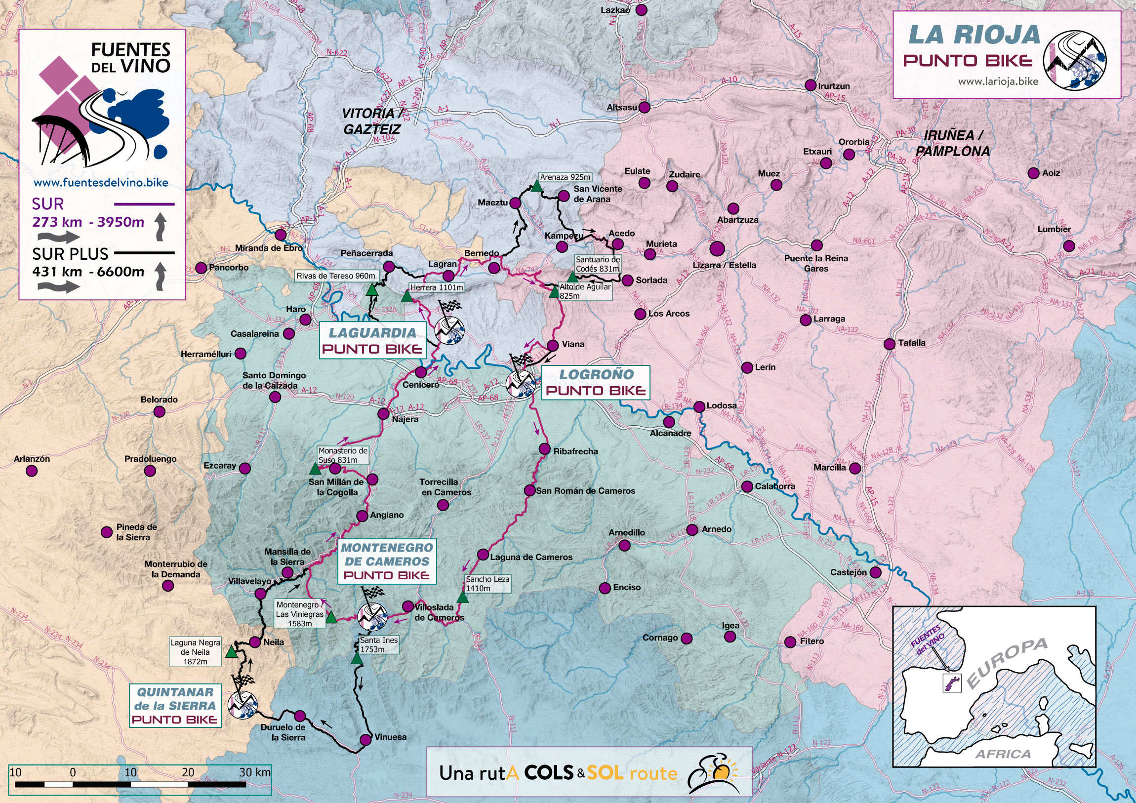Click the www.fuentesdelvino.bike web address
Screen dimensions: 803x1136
coord(101,183)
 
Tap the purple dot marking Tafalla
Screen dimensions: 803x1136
coord(889,344)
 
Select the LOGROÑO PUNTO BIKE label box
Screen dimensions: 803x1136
coord(595,382)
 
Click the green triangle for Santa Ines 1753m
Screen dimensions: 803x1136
coord(356,658)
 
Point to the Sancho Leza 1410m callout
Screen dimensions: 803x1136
coord(487,583)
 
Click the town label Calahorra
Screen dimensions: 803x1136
coord(775,486)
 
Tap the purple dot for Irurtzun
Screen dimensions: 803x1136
coord(811,85)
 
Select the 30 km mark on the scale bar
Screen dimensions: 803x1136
coord(255,772)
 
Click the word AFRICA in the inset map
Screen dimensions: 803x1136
coord(1003,754)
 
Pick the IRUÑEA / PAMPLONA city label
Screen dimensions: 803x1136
coord(952,143)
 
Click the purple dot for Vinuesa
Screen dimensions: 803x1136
coord(365,740)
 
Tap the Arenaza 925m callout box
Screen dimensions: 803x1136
coord(565,177)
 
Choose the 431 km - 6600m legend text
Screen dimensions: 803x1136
coord(88,272)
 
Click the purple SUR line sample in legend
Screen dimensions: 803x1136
coord(144,204)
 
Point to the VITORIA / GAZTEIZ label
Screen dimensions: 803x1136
coord(371,121)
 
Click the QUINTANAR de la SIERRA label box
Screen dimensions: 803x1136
coord(175,706)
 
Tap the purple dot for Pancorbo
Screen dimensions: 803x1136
coord(201,268)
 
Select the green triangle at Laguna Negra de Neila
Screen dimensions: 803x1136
coord(231,652)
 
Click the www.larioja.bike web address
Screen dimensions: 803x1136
coord(998,81)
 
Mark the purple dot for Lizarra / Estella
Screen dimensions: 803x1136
coord(717,248)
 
